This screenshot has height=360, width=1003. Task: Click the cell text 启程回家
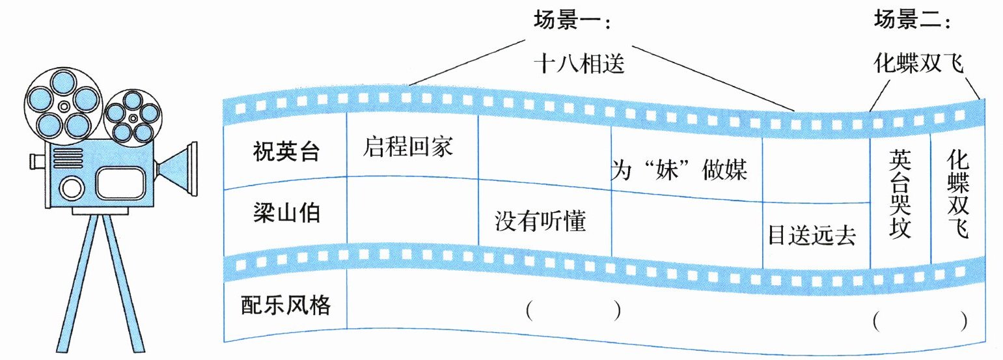tap(407, 148)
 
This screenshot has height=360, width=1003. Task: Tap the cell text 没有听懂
tap(540, 223)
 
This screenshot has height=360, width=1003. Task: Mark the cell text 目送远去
tap(811, 234)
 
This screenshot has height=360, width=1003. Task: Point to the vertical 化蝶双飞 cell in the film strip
tap(957, 193)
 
